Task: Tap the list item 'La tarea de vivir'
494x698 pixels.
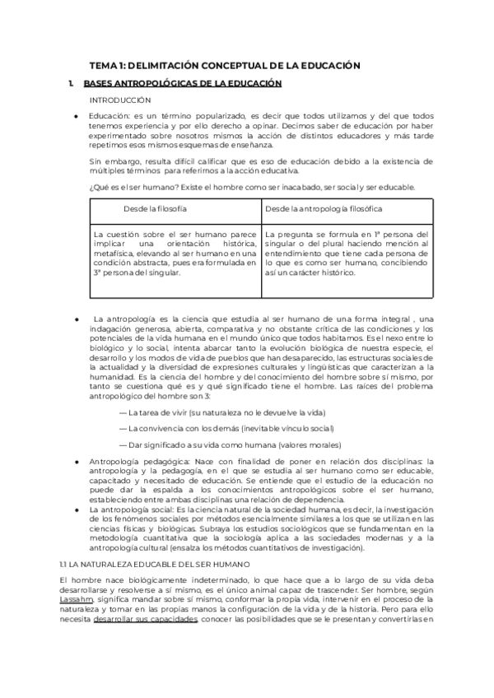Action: (222, 412)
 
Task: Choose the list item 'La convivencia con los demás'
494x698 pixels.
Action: (226, 428)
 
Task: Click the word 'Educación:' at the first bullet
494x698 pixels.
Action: (108, 117)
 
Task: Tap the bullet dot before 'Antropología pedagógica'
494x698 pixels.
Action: (76, 463)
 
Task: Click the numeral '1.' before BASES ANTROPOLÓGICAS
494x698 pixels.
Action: (72, 83)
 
